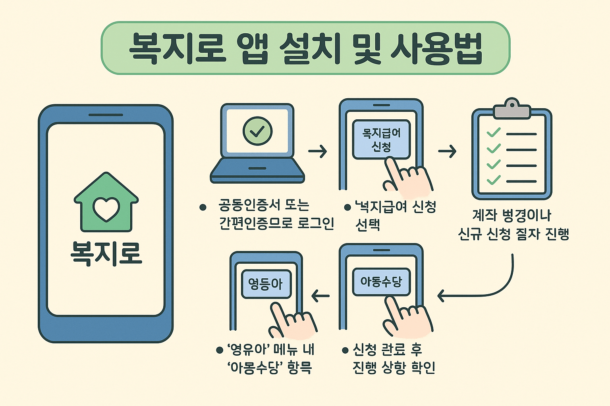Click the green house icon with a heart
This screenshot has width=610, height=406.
click(106, 203)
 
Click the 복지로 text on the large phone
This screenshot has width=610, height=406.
click(106, 253)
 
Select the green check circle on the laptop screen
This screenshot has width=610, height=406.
click(257, 131)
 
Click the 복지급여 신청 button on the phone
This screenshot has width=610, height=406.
click(381, 140)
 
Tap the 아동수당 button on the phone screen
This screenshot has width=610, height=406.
click(381, 282)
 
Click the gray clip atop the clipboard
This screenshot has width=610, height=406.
click(512, 109)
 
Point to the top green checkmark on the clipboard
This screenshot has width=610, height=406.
click(493, 132)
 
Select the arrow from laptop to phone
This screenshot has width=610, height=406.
click(317, 151)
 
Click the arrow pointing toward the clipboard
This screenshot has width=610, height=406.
click(447, 151)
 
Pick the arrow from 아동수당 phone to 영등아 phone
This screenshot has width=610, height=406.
click(321, 296)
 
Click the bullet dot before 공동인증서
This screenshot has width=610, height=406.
click(203, 207)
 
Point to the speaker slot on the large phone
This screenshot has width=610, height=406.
click(106, 115)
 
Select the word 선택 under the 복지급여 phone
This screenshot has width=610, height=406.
click(368, 225)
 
